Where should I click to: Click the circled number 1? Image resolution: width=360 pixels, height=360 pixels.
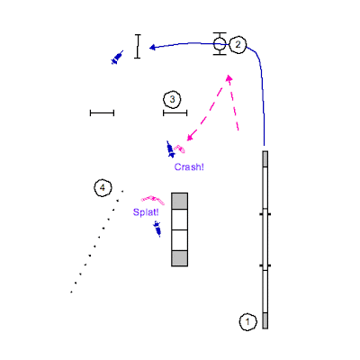coord(248,322)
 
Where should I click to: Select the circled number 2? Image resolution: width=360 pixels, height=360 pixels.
coord(238,45)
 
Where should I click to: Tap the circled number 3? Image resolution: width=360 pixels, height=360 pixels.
coord(172,99)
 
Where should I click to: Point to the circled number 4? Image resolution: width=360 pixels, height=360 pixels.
coord(103,188)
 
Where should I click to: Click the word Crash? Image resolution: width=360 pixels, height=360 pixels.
coord(189,167)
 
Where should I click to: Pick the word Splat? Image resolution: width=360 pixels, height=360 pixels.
coord(146,212)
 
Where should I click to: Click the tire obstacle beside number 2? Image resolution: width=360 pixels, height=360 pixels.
coord(220,44)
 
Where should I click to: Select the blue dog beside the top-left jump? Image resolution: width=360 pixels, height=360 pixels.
coord(117,58)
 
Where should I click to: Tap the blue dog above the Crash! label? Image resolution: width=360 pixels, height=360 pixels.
coord(171,149)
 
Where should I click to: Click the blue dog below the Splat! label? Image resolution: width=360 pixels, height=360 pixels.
coord(157,229)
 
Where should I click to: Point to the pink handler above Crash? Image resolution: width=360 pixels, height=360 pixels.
coord(180,148)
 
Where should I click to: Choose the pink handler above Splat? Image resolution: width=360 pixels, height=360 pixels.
coord(153,200)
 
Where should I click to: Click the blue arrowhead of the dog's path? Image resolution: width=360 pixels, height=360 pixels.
coord(152,48)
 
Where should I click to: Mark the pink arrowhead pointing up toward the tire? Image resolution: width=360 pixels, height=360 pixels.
coord(229,78)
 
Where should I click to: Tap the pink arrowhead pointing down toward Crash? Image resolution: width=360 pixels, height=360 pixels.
coord(190,137)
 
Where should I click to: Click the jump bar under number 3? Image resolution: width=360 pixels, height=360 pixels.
coord(175,113)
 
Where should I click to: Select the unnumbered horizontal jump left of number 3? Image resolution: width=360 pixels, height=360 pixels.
coord(102,113)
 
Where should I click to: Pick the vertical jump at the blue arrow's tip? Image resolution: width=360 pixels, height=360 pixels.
coord(138,46)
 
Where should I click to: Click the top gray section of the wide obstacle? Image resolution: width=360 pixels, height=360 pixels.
coord(180,202)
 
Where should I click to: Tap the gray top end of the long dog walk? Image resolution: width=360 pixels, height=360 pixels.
coord(265,159)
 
